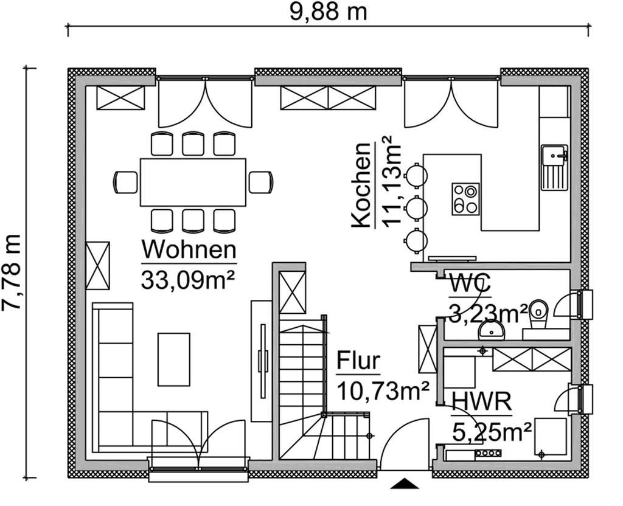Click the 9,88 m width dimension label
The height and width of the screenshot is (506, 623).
point(328,12)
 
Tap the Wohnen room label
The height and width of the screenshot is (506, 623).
point(188,250)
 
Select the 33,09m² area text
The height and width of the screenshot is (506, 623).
point(188,280)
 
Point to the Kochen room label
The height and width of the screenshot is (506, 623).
point(361,185)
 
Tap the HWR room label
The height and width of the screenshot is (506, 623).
point(481,402)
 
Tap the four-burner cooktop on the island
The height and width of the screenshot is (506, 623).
point(465,198)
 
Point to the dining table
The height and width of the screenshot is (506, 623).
point(193,182)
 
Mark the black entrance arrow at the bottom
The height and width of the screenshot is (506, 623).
point(405,483)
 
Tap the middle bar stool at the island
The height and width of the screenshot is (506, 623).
point(416,207)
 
